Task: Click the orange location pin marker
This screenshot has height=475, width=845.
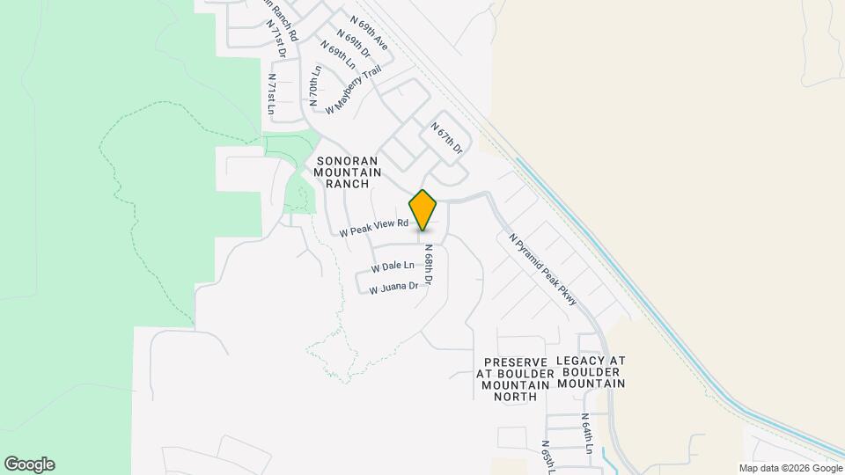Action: (x=422, y=210)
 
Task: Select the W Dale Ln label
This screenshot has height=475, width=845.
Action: (x=393, y=266)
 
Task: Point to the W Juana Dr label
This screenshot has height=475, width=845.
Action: (x=393, y=287)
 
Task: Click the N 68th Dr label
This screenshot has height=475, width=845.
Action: (x=428, y=264)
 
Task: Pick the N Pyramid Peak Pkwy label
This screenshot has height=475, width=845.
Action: (x=542, y=268)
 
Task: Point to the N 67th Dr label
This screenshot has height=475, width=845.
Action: (x=446, y=139)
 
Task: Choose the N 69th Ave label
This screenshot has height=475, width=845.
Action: (x=368, y=31)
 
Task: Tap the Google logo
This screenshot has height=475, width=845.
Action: (x=29, y=464)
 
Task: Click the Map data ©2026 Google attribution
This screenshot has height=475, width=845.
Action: (x=790, y=468)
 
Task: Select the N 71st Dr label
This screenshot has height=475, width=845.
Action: (x=279, y=40)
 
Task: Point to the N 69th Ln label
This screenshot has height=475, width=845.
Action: (x=337, y=55)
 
